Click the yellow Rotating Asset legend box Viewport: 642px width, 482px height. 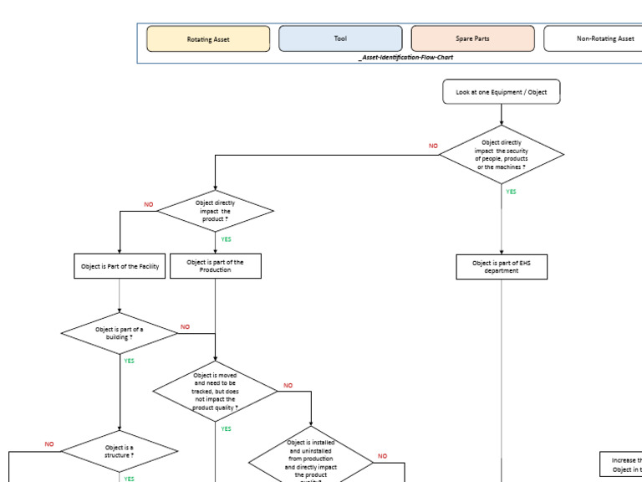coord(208,38)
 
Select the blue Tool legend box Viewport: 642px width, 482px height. coord(340,38)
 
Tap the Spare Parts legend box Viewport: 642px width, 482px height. coord(472,38)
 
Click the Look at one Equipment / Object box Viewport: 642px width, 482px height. coord(502,92)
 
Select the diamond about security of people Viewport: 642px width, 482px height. coord(502,155)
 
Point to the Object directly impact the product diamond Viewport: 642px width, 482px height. coord(216,211)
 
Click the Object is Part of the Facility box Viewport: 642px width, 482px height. coord(120,267)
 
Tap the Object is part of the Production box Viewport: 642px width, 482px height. coord(216,266)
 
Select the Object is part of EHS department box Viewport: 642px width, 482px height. coord(502,267)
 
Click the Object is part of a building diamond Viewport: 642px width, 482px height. coord(120,333)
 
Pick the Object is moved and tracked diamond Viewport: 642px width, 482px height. coord(216,392)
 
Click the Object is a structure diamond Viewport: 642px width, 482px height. coord(120,452)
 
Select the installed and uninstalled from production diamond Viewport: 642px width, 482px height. coord(311,459)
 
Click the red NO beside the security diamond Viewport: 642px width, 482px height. coord(433,146)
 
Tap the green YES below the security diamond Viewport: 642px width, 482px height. coord(511,192)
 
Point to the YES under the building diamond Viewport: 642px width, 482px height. coord(129,361)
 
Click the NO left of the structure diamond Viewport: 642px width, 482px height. coord(49,444)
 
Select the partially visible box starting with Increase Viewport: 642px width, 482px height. coord(621,464)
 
